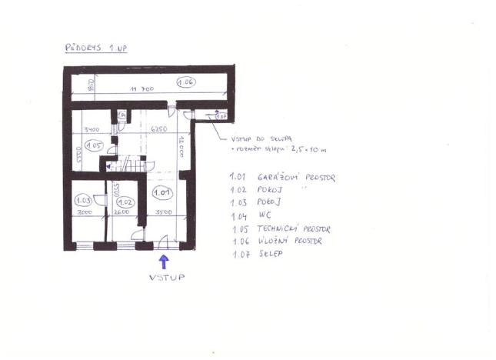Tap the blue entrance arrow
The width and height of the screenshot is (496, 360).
click(163, 262)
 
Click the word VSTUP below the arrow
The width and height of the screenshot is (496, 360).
click(168, 278)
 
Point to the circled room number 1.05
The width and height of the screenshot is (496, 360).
click(94, 145)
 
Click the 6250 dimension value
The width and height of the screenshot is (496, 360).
click(159, 129)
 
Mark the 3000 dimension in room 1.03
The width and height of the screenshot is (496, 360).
click(85, 212)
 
